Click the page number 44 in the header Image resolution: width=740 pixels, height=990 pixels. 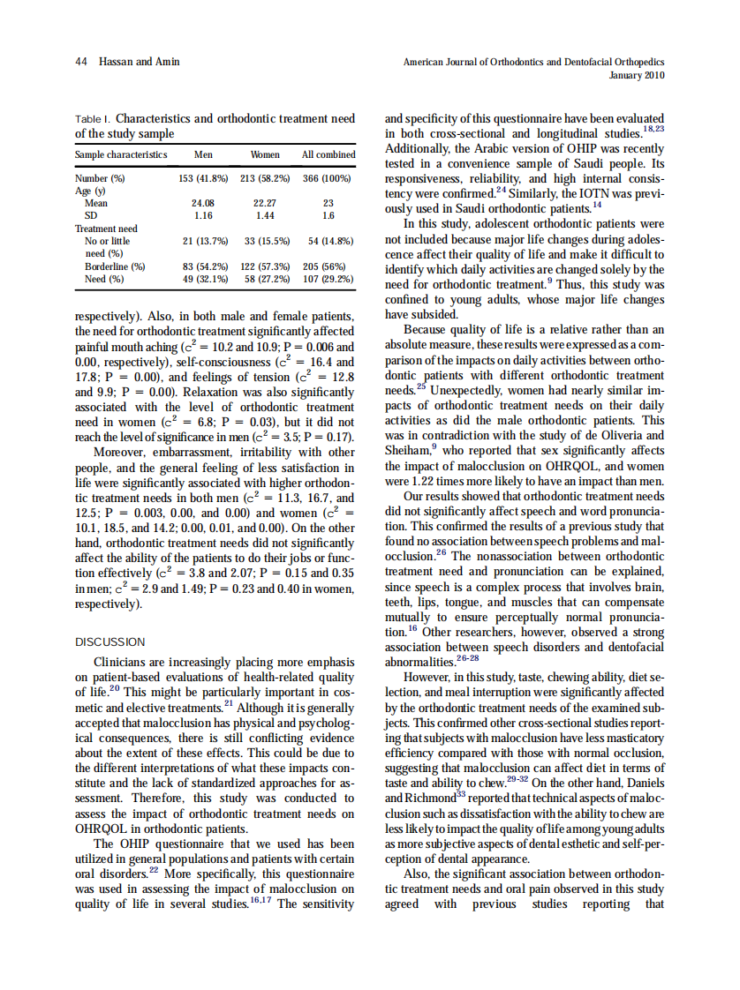point(80,61)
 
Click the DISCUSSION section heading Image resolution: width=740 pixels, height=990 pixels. point(110,641)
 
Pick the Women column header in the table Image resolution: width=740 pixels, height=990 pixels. point(265,154)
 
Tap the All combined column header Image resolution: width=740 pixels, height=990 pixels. point(328,154)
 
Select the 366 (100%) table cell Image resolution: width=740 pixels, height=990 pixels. point(328,178)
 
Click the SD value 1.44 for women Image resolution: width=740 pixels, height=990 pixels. point(265,214)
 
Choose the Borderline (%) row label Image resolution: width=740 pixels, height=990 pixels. point(115,266)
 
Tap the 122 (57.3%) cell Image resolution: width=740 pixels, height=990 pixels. point(265,266)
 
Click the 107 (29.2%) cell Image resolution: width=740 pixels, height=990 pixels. point(328,278)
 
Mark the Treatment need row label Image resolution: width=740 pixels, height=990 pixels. point(107,228)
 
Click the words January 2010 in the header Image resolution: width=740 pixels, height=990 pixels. point(637,75)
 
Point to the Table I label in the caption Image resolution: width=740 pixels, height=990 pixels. point(92,118)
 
